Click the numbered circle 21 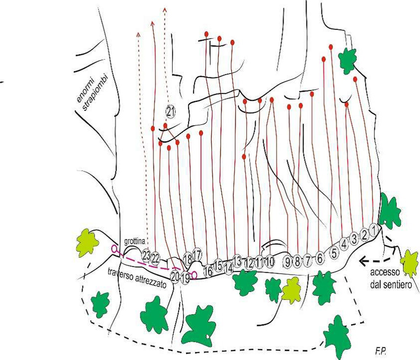(x=170, y=112)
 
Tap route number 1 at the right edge (x=373, y=230)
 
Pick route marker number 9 (x=287, y=263)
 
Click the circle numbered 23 (x=146, y=256)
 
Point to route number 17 (x=197, y=254)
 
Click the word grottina (x=135, y=241)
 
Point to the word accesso (x=385, y=273)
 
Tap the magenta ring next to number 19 (x=194, y=275)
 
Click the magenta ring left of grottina (x=114, y=248)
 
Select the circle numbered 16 (x=208, y=271)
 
